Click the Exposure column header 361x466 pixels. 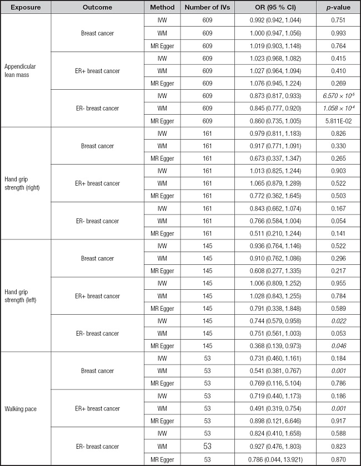26,8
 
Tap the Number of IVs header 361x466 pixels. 207,8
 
